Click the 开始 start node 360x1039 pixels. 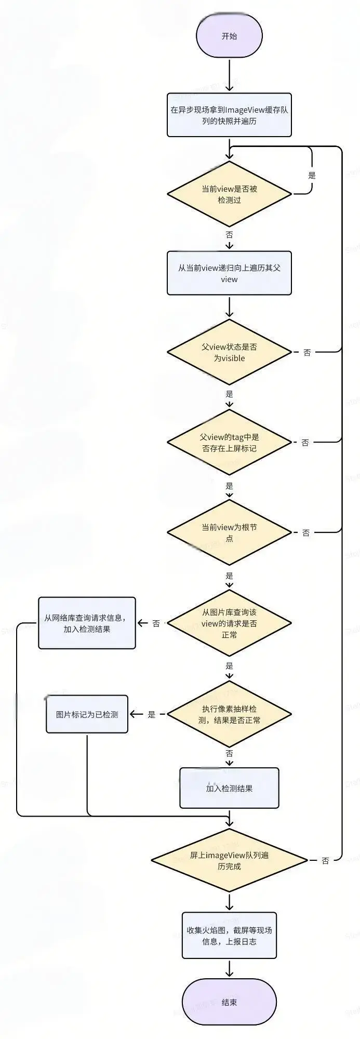[x=229, y=36]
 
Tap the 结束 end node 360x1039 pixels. [x=229, y=1002]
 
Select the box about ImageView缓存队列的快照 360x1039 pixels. [x=229, y=115]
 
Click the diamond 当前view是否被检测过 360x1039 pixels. [x=229, y=194]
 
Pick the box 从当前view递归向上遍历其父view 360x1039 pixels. [x=229, y=273]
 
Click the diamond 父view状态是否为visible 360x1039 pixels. [x=229, y=352]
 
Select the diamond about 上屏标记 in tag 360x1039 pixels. [x=229, y=443]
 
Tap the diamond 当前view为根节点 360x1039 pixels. [x=229, y=532]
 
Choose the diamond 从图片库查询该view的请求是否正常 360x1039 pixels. [x=229, y=623]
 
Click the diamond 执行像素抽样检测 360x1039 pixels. [x=229, y=714]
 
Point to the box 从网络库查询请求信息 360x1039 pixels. [x=87, y=623]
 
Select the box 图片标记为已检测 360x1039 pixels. [x=87, y=714]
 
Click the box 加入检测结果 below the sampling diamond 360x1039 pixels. [x=229, y=788]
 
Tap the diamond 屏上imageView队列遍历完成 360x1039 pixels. [x=229, y=860]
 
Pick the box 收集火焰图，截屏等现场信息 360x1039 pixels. [x=229, y=936]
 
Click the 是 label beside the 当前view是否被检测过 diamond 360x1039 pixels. [x=312, y=175]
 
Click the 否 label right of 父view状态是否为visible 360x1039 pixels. [x=307, y=352]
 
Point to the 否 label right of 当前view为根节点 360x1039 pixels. [x=305, y=532]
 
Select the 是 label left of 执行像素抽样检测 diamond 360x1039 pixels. [x=151, y=714]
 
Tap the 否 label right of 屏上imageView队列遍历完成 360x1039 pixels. [x=325, y=860]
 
